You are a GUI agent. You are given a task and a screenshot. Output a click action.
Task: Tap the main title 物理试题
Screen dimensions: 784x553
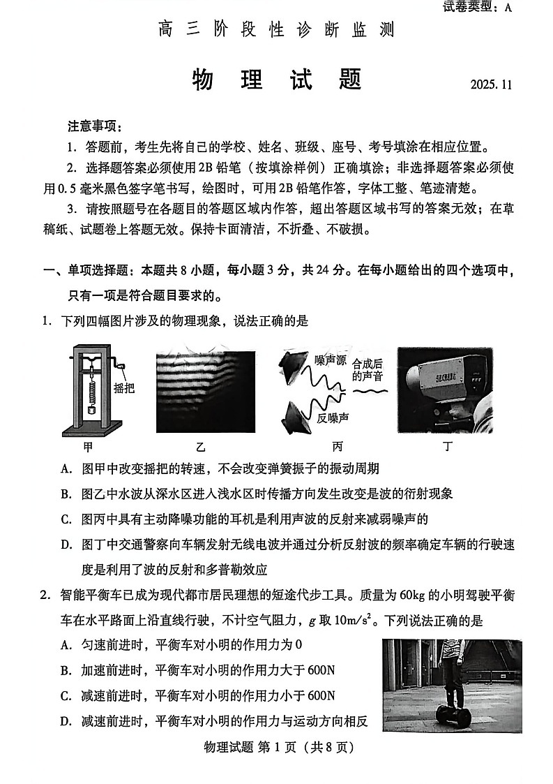277,80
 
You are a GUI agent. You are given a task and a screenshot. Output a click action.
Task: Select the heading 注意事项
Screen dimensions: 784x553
95,126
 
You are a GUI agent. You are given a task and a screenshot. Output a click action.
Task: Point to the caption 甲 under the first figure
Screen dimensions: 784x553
87,445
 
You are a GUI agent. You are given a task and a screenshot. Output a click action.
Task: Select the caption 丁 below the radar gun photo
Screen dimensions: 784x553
447,445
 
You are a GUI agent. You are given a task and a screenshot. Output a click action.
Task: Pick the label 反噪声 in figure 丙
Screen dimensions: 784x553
333,417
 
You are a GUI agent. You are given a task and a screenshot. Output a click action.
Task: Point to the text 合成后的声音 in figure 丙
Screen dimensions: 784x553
368,370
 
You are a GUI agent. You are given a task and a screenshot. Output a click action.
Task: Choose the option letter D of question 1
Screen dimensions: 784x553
66,544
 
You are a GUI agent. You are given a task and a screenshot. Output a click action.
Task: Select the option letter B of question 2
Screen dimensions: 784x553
66,670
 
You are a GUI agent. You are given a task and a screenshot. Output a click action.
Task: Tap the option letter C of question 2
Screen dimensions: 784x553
66,695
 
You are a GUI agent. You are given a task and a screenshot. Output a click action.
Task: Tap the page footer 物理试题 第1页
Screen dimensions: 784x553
277,747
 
